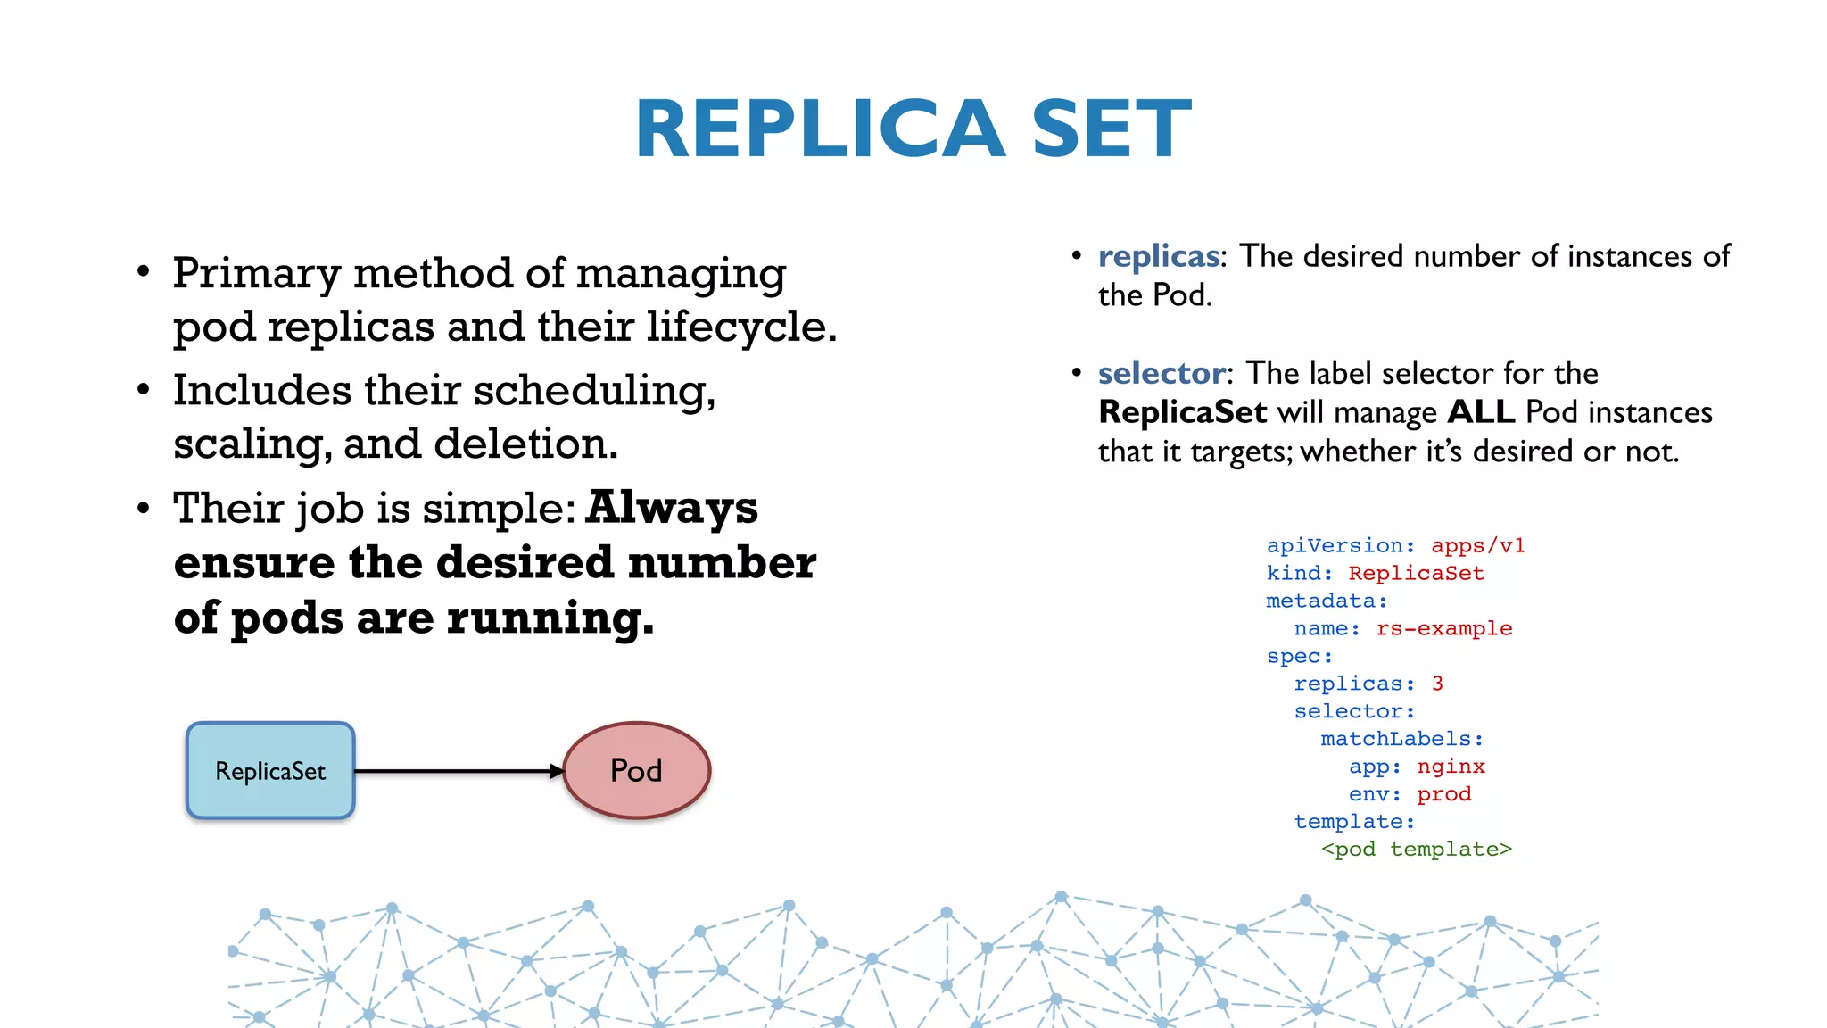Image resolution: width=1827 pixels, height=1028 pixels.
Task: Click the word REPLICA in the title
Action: point(820,129)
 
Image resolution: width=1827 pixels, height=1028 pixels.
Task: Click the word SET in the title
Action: point(1111,129)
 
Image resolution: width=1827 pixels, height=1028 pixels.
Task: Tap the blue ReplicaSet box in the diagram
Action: point(270,771)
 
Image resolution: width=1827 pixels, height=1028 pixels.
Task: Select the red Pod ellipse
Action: point(637,771)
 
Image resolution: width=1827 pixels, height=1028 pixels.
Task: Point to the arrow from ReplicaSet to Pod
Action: point(459,771)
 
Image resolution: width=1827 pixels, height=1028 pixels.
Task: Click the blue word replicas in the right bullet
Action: point(1158,257)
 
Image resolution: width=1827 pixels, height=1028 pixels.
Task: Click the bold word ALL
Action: point(1481,412)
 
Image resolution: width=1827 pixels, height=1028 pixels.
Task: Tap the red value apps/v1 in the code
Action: point(1477,545)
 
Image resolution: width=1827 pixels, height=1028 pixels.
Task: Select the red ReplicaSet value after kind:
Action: point(1416,573)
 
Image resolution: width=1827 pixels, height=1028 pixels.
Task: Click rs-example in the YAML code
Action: point(1443,628)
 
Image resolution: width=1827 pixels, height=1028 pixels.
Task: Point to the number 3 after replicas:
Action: point(1437,684)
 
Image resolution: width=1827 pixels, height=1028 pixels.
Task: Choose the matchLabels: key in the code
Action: point(1401,739)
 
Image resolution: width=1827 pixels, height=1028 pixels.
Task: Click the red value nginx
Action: point(1451,767)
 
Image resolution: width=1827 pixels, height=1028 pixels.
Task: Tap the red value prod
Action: point(1443,794)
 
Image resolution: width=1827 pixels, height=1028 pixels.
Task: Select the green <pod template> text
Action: point(1416,850)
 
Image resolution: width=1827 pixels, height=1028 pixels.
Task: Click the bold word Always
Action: point(672,509)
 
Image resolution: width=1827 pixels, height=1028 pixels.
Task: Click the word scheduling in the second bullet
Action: point(593,391)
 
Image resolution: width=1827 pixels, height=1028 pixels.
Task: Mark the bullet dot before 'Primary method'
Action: point(144,272)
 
